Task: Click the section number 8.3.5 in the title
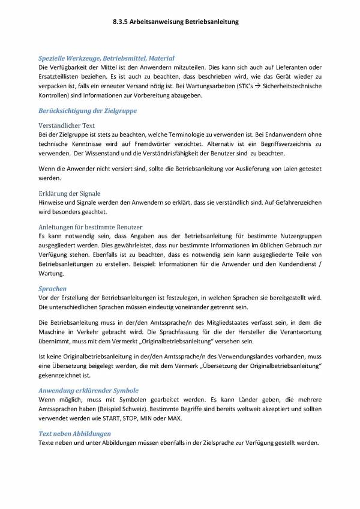coord(122,22)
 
